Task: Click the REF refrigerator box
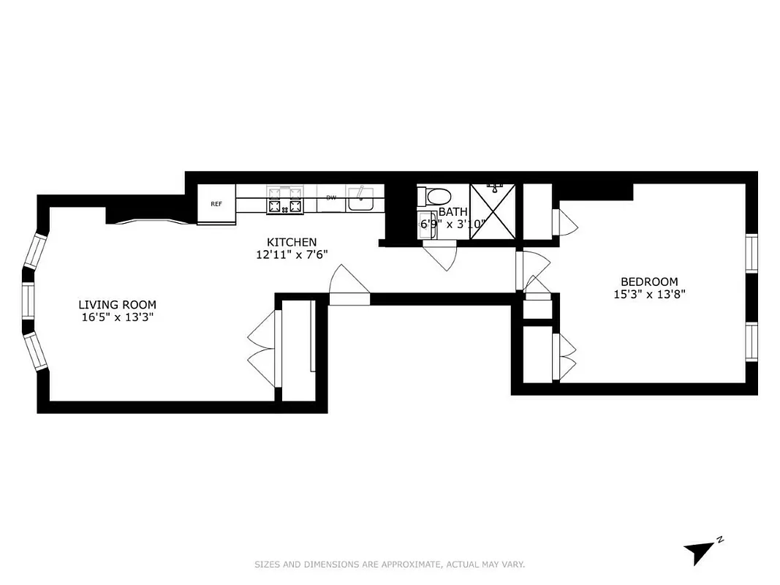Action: [216, 204]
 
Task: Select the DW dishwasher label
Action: [331, 198]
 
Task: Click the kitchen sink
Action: [361, 198]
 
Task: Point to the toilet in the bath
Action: [436, 197]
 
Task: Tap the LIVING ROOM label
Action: [117, 305]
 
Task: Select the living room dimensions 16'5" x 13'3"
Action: [117, 318]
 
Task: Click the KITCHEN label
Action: [291, 242]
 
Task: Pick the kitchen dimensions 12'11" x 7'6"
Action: [291, 255]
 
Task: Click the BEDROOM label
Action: [648, 282]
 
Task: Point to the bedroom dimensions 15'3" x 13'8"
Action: [648, 295]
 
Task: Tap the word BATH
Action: [453, 211]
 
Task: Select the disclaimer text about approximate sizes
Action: [390, 565]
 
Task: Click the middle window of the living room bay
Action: [28, 301]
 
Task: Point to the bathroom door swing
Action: [440, 256]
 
